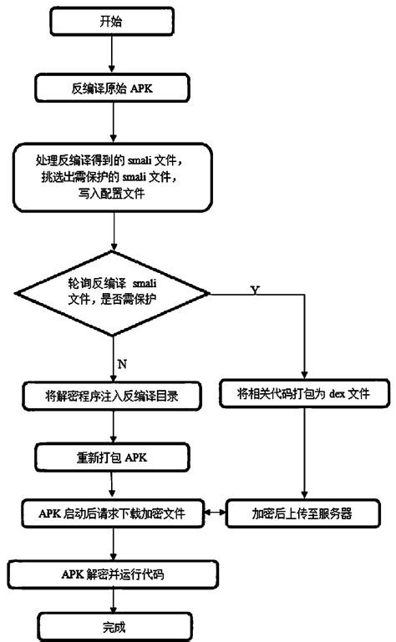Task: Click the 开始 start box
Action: point(112,23)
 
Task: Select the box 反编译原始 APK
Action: point(112,86)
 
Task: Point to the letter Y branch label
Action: point(254,289)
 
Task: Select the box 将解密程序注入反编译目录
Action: point(112,395)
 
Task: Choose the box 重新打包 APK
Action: point(112,458)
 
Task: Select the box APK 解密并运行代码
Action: point(112,573)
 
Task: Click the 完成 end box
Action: point(112,625)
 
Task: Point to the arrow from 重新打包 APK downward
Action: point(112,484)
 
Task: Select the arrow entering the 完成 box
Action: point(112,599)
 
